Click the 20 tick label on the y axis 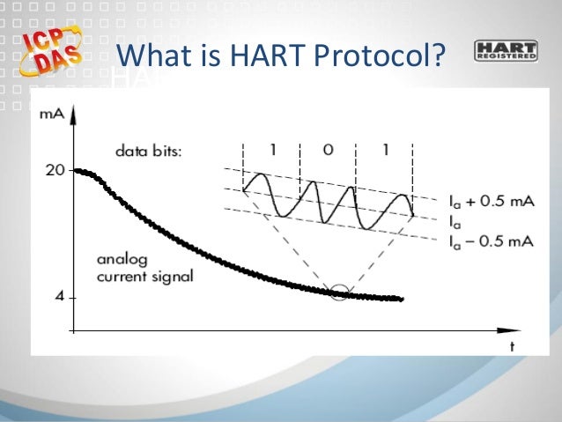[55, 170]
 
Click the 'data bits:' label [148, 151]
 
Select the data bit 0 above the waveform [328, 150]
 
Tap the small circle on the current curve [339, 292]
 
